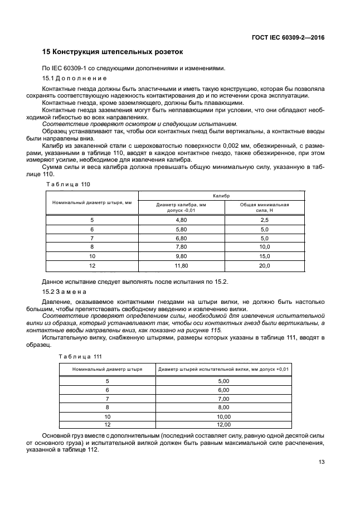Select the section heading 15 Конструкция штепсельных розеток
coord(113,52)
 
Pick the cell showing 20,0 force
coord(264,266)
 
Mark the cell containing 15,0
coord(264,256)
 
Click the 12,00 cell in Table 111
coord(223,424)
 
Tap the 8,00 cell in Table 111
coord(223,408)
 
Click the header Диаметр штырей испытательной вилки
coord(223,369)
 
